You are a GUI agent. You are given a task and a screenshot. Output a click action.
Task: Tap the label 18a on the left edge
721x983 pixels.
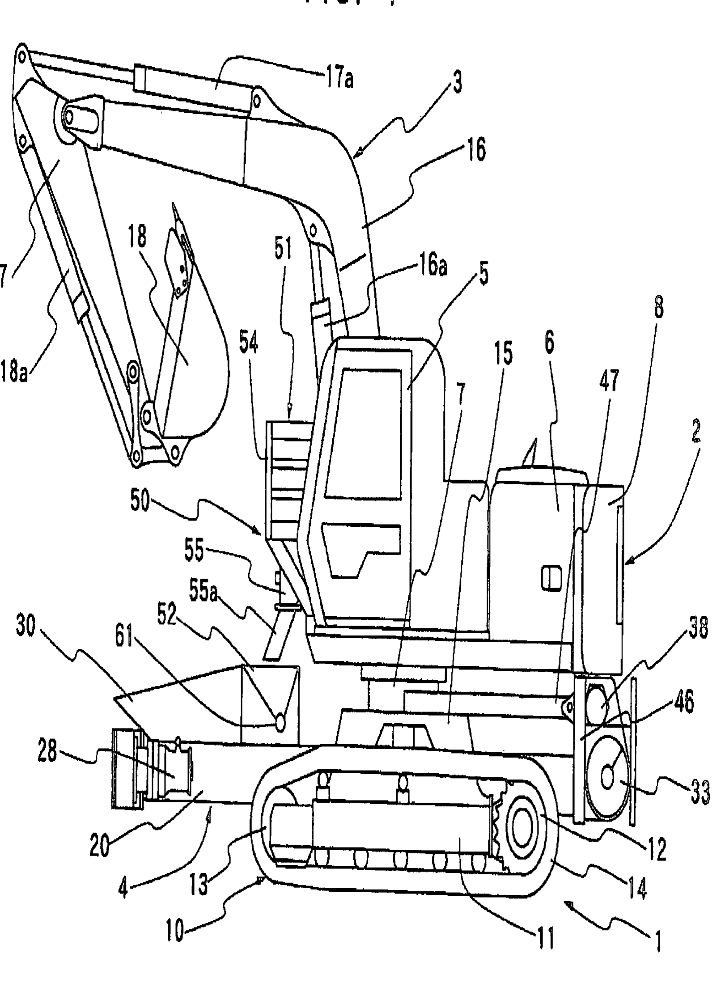tap(14, 371)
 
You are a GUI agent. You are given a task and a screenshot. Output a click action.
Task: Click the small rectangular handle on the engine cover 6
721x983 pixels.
tap(551, 578)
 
